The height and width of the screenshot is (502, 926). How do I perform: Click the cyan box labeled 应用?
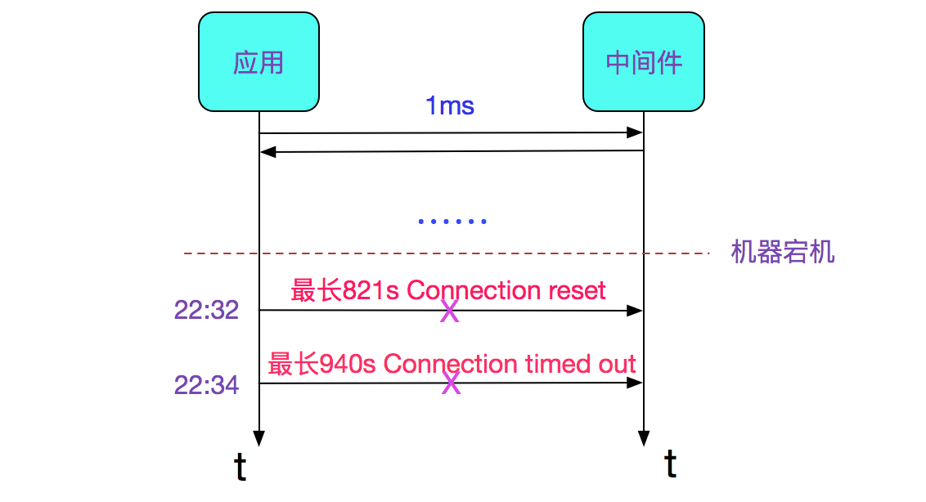(258, 62)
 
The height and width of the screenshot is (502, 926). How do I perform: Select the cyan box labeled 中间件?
(643, 62)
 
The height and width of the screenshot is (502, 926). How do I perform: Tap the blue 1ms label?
(449, 105)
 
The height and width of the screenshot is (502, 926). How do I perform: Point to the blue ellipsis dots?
(452, 222)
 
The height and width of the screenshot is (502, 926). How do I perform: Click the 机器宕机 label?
(782, 252)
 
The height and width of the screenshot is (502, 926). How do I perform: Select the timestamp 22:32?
(206, 310)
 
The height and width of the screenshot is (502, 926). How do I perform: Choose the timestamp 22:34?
(206, 383)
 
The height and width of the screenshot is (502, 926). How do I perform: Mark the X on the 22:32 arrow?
(449, 311)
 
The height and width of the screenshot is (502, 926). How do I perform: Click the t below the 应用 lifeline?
(240, 467)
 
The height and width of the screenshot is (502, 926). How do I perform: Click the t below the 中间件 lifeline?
(671, 464)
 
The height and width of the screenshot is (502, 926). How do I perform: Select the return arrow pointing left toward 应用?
(450, 151)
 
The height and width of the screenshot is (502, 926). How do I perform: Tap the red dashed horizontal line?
(446, 253)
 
